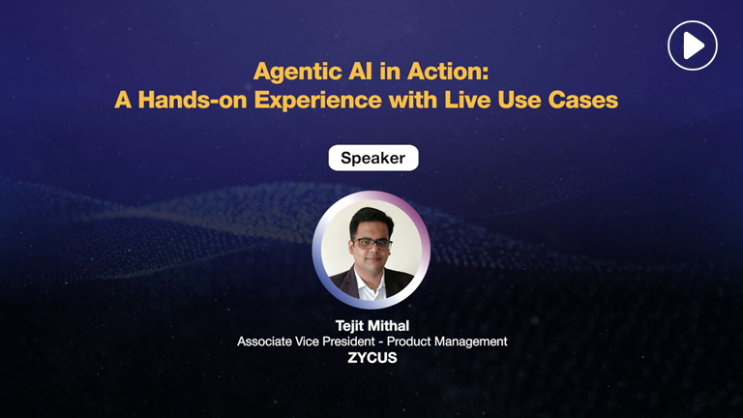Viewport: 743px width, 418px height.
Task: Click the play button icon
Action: point(692,45)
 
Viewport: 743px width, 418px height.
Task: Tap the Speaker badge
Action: point(372,158)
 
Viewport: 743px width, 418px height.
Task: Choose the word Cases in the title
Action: point(586,100)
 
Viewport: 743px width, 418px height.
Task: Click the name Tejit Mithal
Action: point(371,326)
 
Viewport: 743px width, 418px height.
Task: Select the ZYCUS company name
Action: point(371,357)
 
